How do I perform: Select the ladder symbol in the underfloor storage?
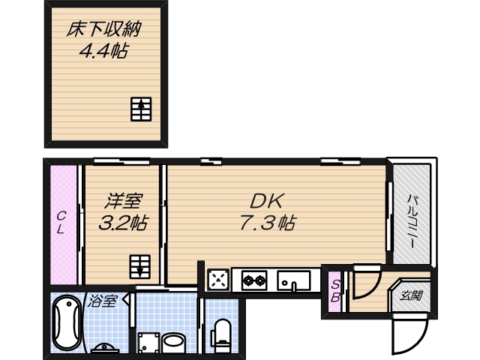141,109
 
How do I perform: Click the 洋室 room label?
122,202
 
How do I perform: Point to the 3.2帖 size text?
122,222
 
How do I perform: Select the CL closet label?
63,223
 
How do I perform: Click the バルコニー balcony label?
412,218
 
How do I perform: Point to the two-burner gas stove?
253,281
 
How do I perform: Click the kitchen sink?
294,281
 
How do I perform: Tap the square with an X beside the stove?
217,280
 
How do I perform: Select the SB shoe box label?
336,290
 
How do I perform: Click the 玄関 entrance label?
410,295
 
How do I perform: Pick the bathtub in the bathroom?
67,325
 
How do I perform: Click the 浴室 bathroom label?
103,301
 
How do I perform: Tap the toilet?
222,334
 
